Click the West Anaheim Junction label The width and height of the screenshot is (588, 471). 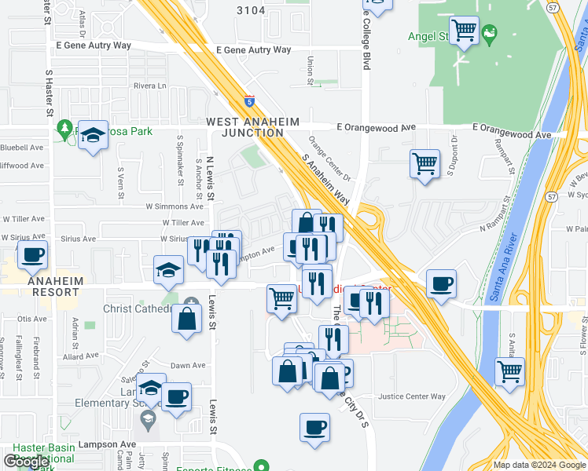(x=244, y=127)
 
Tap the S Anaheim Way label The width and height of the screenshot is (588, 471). (x=325, y=180)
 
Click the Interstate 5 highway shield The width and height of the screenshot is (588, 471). (x=249, y=100)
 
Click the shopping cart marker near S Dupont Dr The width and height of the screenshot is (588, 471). (x=424, y=164)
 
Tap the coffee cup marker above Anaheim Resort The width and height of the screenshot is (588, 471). (x=33, y=255)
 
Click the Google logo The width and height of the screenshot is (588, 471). (x=27, y=462)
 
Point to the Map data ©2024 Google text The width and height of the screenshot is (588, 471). (x=538, y=465)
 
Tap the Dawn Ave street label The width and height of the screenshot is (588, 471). (x=188, y=365)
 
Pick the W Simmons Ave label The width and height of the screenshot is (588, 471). (x=175, y=206)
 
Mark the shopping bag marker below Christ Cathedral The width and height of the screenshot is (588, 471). (x=186, y=319)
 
